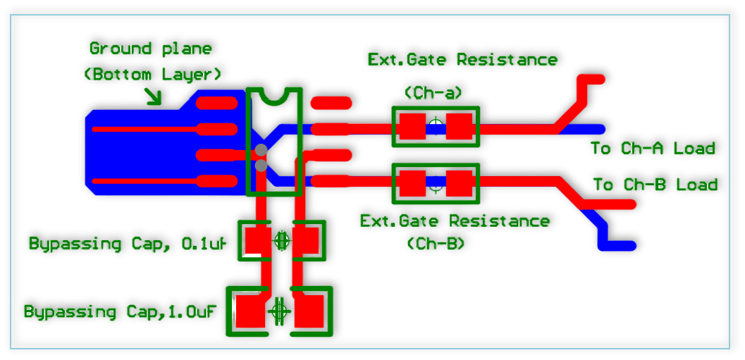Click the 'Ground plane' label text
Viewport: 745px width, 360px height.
coord(150,49)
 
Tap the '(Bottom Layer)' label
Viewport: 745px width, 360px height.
coord(153,74)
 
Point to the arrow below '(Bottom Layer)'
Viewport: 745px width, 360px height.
coord(153,97)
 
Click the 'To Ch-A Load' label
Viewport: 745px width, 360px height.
coord(653,148)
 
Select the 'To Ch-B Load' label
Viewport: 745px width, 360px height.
coord(655,185)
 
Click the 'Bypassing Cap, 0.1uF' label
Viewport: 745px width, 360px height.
coord(128,244)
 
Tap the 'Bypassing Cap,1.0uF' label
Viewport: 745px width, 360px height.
coord(120,311)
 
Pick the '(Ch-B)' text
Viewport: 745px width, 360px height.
coord(436,243)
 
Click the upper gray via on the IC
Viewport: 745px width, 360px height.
coord(261,149)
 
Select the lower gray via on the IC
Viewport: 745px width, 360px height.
coord(261,166)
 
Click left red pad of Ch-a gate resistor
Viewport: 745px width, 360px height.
coord(412,127)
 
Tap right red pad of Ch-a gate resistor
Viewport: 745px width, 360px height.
coord(459,127)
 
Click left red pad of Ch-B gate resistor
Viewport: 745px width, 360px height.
coord(412,183)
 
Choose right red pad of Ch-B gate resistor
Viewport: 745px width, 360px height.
coord(459,183)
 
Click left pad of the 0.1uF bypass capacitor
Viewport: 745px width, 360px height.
coord(257,241)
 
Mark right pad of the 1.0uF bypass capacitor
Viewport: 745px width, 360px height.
coord(309,311)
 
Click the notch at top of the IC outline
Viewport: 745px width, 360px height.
coord(274,94)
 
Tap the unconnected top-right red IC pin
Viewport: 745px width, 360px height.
coord(331,103)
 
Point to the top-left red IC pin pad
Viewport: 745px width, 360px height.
coord(216,103)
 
